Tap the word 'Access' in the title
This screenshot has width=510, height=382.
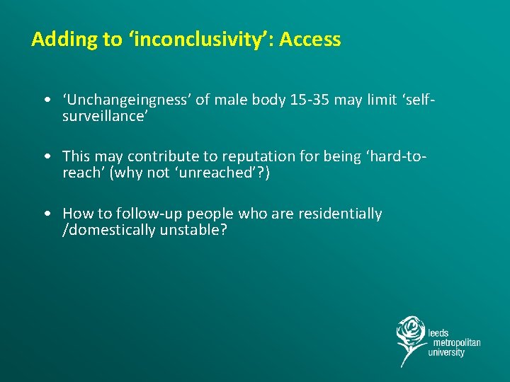[x=310, y=40]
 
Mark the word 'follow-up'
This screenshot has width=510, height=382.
[x=132, y=214]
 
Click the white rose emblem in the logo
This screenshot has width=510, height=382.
[x=410, y=337]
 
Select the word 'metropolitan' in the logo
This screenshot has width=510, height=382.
[x=454, y=342]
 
